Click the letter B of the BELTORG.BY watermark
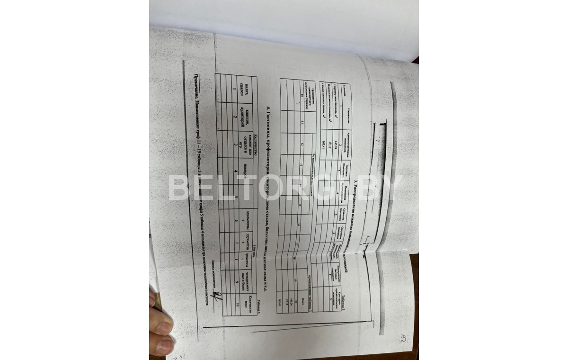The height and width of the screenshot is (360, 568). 179,188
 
